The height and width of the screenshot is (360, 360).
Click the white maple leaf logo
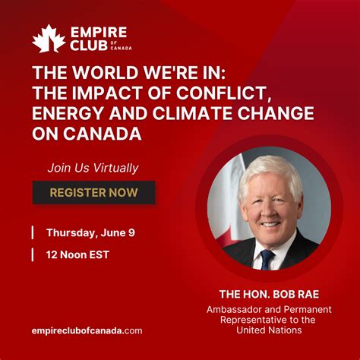[x=49, y=39]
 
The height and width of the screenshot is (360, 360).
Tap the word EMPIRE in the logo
[x=99, y=33]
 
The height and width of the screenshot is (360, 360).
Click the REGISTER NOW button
[x=93, y=192]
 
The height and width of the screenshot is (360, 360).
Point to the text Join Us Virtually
[x=93, y=168]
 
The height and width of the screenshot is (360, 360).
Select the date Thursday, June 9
[x=90, y=233]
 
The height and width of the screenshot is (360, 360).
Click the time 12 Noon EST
[x=77, y=254]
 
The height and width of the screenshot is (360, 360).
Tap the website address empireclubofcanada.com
[x=87, y=331]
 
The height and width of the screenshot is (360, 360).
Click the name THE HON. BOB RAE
[x=269, y=295]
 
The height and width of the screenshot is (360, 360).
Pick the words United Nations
[x=269, y=330]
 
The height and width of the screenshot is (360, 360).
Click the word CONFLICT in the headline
[x=222, y=93]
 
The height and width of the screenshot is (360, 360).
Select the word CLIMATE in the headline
[x=192, y=113]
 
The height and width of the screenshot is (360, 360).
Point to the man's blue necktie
[x=267, y=259]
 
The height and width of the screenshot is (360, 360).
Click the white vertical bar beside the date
[x=33, y=232]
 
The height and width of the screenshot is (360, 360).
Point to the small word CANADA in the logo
[x=121, y=48]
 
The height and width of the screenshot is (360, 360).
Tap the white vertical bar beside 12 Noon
[x=33, y=254]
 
